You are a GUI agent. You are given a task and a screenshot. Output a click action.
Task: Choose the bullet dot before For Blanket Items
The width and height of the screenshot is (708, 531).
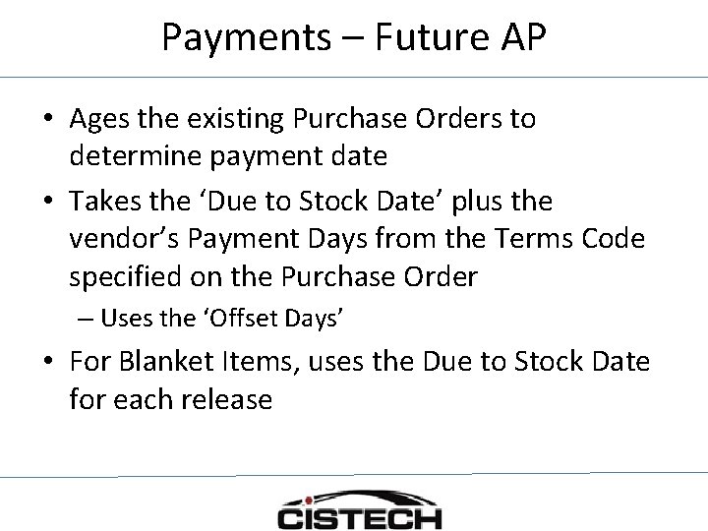[x=48, y=363]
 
